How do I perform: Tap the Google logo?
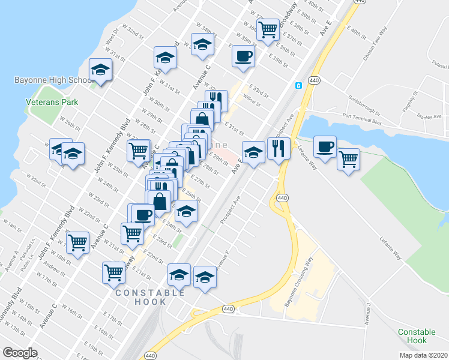coord(20,352)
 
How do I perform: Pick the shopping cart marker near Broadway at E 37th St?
coord(268,29)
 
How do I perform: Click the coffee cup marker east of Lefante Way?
coord(325,146)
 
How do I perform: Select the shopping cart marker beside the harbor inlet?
coord(348,160)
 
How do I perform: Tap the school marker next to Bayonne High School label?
coord(100,70)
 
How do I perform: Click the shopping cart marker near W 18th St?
coord(77,242)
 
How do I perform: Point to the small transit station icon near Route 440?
coord(297,85)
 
